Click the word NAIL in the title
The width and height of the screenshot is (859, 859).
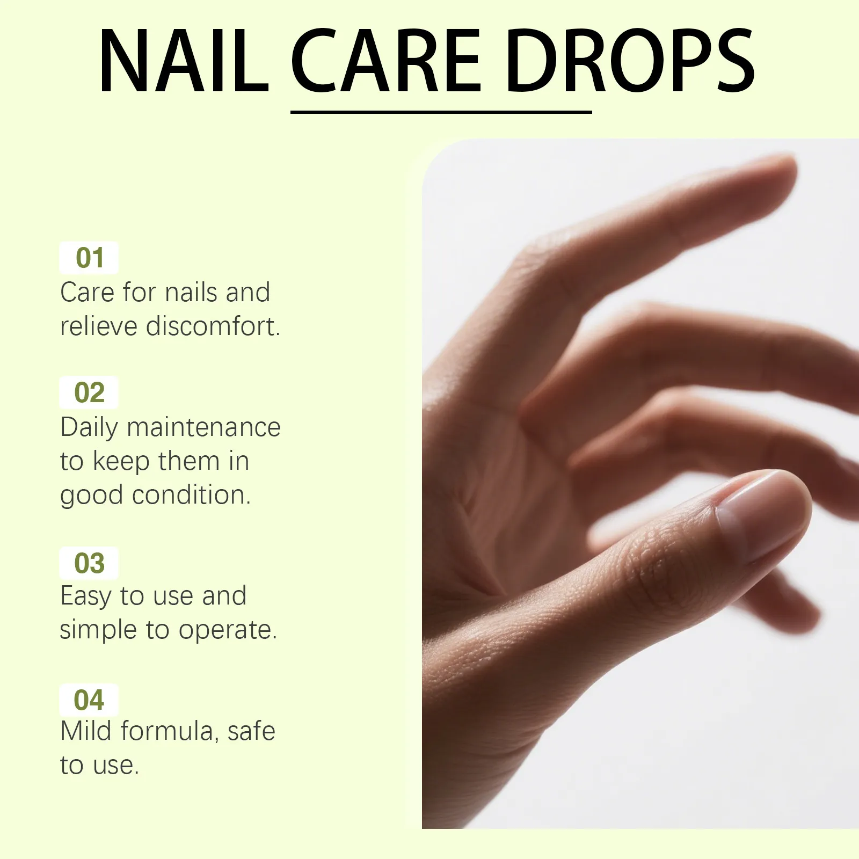coord(184,61)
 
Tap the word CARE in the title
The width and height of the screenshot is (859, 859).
coord(385,61)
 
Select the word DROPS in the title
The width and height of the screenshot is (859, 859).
coord(630,61)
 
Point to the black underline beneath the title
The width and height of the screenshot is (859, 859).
coord(441,112)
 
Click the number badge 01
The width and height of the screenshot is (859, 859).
coord(89,258)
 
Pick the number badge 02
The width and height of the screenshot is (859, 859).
coord(89,392)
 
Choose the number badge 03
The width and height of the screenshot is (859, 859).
coord(89,563)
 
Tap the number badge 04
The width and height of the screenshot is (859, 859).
coord(89,700)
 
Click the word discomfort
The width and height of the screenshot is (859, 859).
coord(213,326)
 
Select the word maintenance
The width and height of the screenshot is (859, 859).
coord(204,428)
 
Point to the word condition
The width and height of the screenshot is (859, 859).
coord(192,494)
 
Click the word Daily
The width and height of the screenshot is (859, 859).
coord(89,428)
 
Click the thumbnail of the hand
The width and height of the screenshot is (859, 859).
coord(640,484)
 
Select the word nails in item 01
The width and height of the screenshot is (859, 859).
coord(190,293)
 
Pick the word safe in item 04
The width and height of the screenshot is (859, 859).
coord(251,731)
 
